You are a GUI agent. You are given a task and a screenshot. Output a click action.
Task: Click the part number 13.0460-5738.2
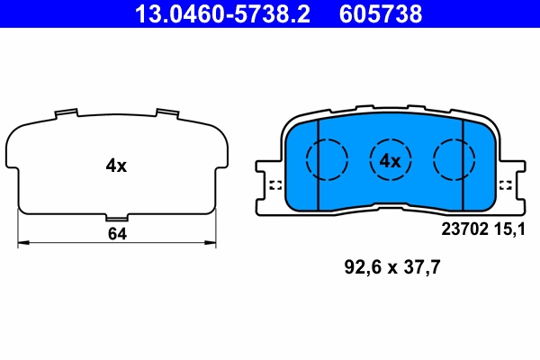(x=215, y=13)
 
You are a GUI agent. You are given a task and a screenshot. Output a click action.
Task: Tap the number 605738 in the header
(x=378, y=13)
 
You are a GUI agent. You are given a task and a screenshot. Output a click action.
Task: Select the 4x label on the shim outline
(x=116, y=166)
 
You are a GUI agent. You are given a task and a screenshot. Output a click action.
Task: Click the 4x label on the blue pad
(x=389, y=161)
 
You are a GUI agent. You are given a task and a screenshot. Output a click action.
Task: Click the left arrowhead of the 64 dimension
(x=22, y=241)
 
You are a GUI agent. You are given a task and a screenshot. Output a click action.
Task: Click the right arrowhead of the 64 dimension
(x=212, y=241)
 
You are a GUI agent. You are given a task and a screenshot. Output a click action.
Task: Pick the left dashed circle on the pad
(x=326, y=160)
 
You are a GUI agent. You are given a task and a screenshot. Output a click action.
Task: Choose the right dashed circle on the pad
(x=454, y=160)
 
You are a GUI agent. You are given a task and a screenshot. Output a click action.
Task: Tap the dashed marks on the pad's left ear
(x=274, y=186)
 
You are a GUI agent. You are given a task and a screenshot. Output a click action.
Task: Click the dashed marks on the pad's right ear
(x=506, y=186)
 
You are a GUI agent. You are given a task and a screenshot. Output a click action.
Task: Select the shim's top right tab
(x=166, y=112)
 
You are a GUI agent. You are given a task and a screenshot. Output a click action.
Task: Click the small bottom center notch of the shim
(x=116, y=218)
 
